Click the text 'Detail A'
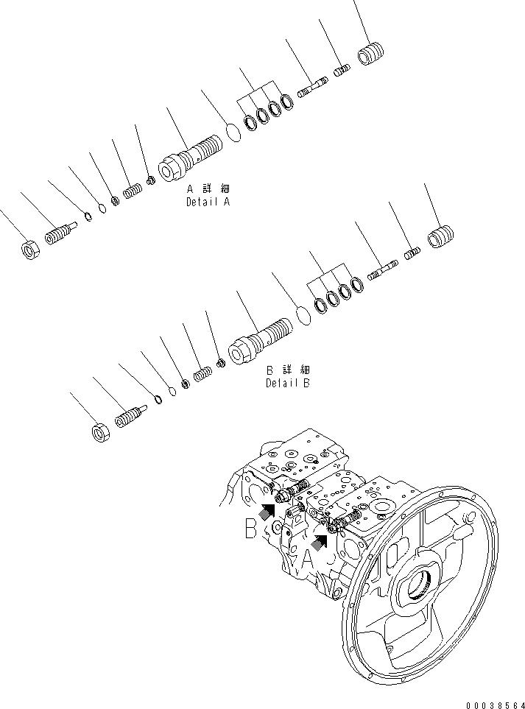[x=207, y=201]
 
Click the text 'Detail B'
[x=288, y=383]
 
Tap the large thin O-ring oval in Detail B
[x=302, y=314]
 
